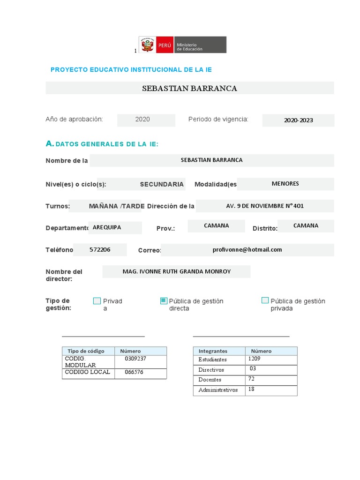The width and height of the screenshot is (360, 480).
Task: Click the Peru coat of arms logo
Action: point(147,45)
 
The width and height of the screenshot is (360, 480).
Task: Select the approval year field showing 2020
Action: point(142,120)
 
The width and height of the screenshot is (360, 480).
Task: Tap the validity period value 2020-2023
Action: point(298,120)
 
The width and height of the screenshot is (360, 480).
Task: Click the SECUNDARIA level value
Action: point(162,184)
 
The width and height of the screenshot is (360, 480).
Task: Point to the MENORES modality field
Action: point(285,184)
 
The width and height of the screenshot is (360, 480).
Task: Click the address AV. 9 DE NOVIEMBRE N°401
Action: point(265,206)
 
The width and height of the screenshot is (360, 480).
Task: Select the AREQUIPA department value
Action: point(107,227)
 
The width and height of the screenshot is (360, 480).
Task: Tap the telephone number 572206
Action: point(100,250)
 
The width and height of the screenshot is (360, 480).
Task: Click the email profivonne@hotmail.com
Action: point(247,250)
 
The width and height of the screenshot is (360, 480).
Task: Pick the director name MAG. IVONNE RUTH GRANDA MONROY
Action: point(176,271)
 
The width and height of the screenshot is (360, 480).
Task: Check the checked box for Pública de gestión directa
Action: point(164,301)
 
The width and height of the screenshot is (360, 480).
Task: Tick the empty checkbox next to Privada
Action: point(97,301)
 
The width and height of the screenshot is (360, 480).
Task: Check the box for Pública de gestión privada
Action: point(265,300)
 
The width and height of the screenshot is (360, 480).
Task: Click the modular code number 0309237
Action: point(135,359)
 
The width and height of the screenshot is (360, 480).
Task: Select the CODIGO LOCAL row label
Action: point(88,372)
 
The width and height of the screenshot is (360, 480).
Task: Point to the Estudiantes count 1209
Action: point(255,359)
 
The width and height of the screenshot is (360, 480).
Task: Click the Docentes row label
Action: point(210,380)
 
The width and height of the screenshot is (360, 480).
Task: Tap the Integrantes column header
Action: point(213,351)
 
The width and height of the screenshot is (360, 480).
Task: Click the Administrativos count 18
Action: point(252,389)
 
